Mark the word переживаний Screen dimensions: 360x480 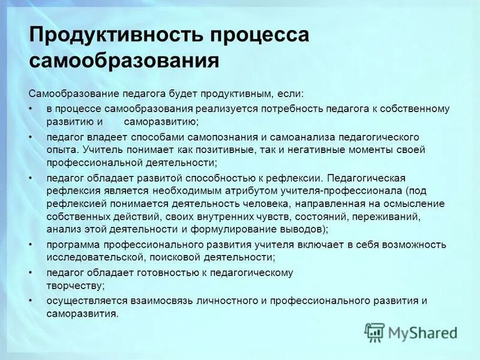tap(391, 216)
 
